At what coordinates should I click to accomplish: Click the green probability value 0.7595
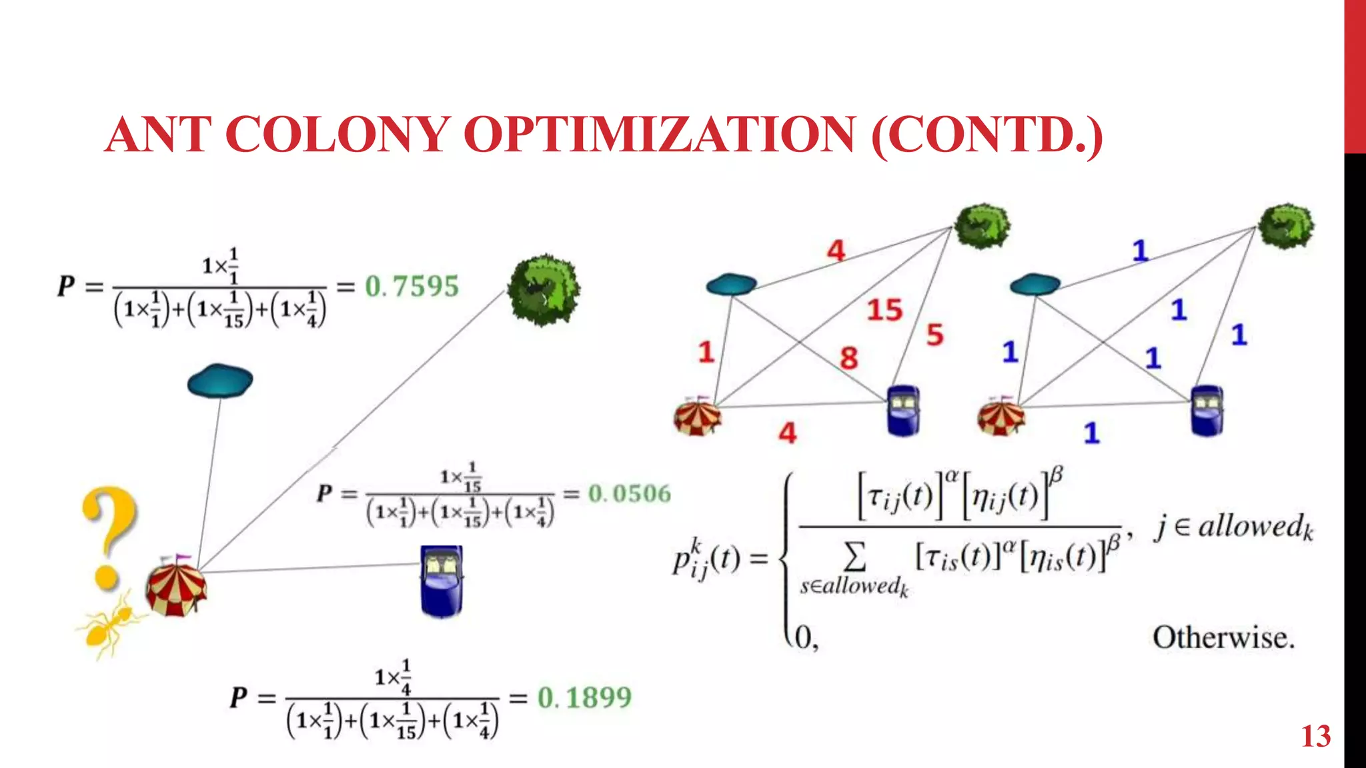(412, 287)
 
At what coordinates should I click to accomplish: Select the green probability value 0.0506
(629, 494)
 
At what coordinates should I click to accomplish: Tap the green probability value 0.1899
(584, 698)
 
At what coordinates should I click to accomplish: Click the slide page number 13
(1315, 737)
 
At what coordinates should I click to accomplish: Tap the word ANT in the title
(158, 135)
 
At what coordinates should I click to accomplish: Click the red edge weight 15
(884, 310)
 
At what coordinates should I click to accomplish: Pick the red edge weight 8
(848, 359)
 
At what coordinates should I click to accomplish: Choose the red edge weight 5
(934, 335)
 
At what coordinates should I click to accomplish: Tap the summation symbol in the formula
(855, 557)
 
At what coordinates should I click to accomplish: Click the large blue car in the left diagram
(442, 581)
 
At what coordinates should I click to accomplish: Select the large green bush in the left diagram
(544, 290)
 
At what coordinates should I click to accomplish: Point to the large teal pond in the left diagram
(220, 381)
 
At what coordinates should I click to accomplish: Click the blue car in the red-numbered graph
(904, 411)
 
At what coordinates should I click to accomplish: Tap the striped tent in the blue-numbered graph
(1000, 416)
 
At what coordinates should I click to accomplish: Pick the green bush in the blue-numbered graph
(1286, 227)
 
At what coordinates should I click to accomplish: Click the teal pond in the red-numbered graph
(731, 285)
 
